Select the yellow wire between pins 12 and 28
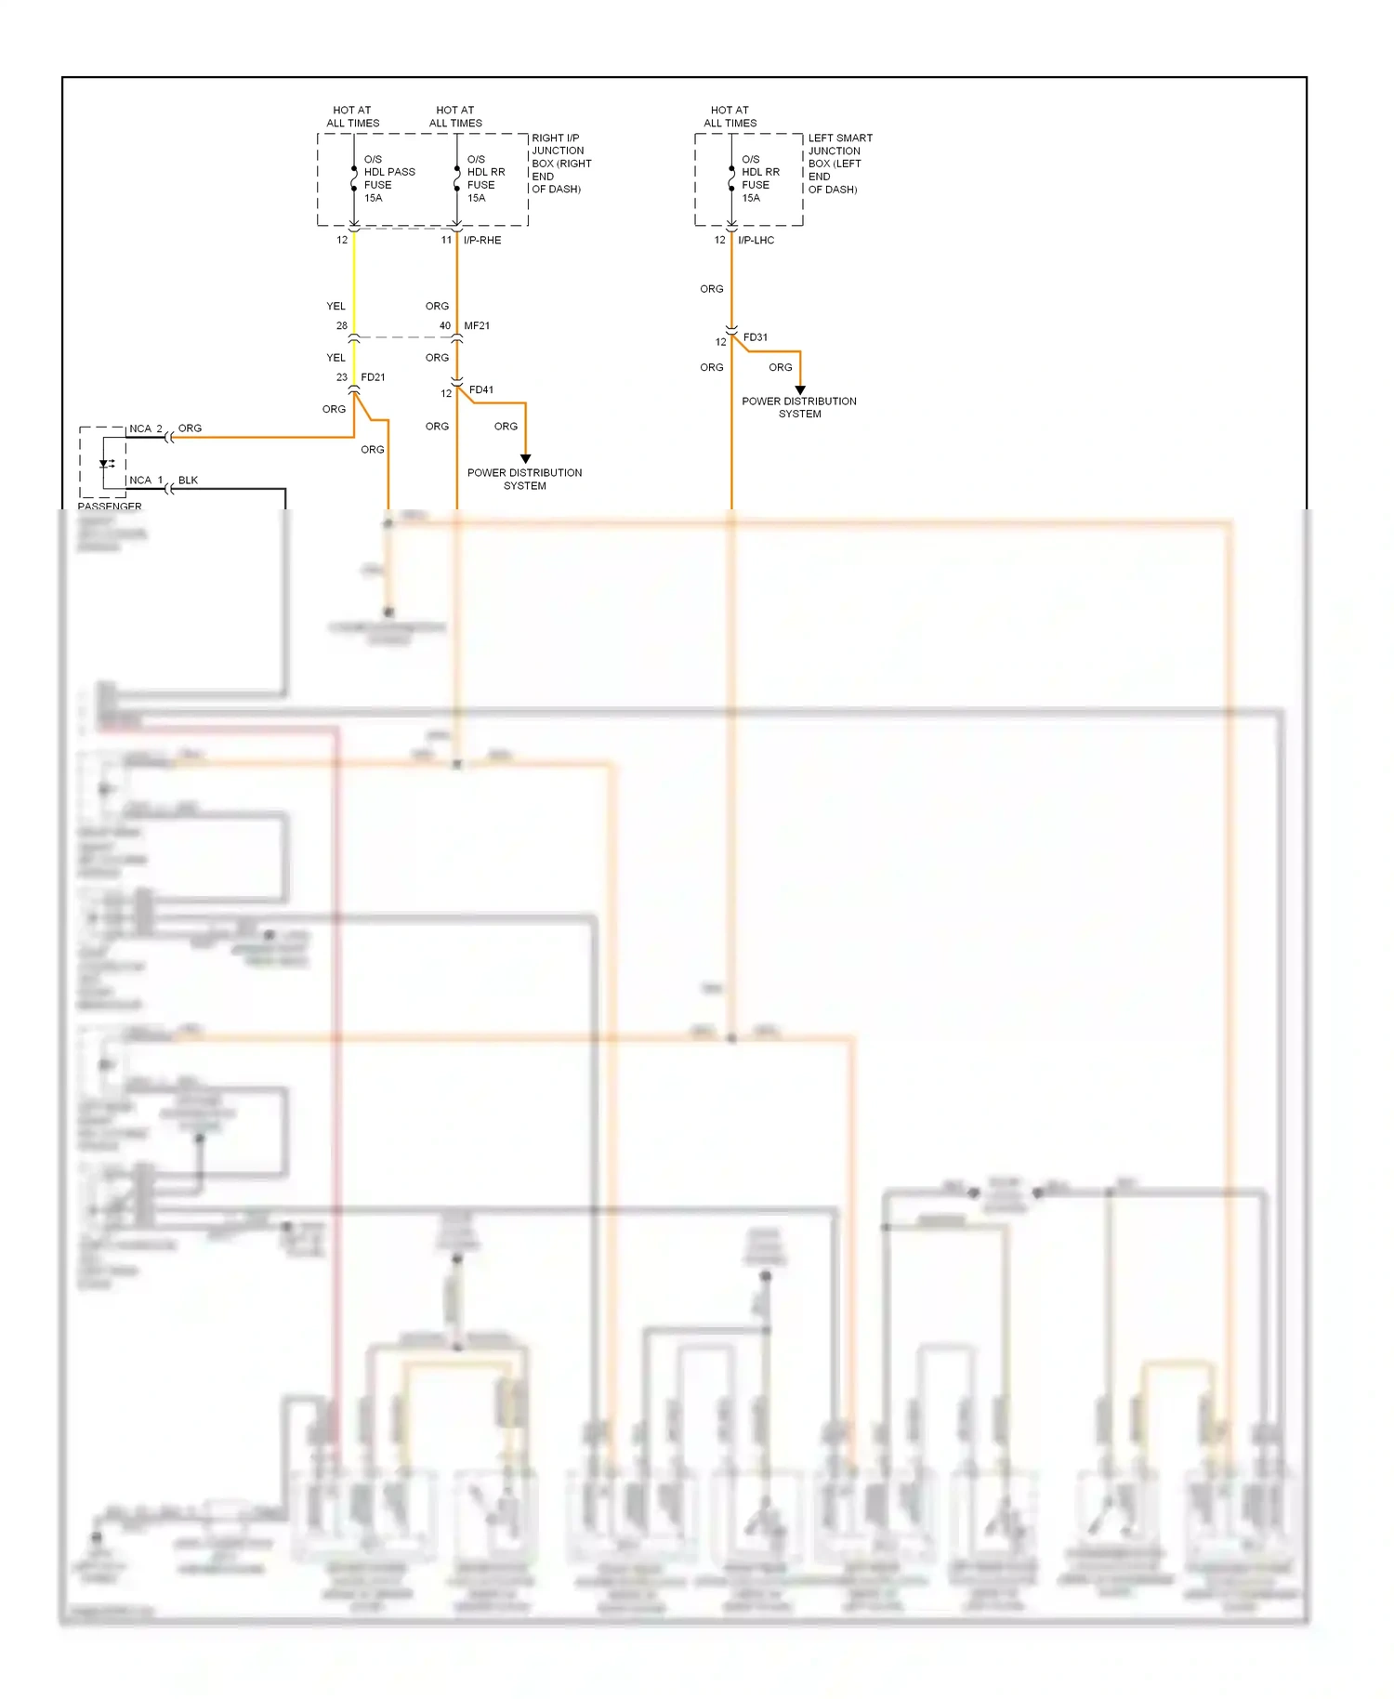coord(354,279)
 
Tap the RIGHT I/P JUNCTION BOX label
coord(560,164)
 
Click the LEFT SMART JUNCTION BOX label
coord(839,164)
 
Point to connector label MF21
coord(477,326)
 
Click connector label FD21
coord(373,377)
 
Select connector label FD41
coord(481,390)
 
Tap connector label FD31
coord(756,337)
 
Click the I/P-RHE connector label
coord(482,240)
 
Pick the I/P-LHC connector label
coord(756,240)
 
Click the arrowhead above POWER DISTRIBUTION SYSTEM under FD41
coord(525,458)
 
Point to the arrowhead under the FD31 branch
coord(800,389)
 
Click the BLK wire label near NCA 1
coord(188,481)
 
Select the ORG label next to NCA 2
coord(190,428)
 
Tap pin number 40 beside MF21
coord(445,326)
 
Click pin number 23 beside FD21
coord(342,377)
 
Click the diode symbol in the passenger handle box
coord(106,464)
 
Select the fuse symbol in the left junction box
coord(731,179)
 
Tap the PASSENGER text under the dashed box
coord(110,507)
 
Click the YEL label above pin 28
coord(335,306)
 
